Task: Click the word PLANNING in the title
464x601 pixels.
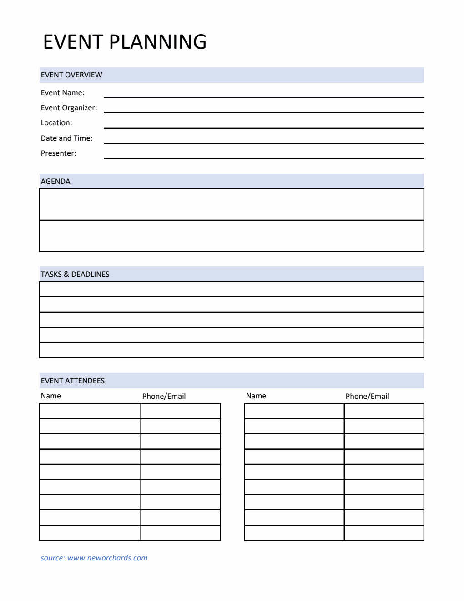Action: tap(158, 42)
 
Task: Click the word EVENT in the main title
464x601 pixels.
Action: tap(73, 42)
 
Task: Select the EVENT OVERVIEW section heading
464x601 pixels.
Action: tap(71, 75)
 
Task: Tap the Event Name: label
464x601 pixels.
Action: tap(62, 93)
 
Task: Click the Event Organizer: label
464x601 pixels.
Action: tap(69, 108)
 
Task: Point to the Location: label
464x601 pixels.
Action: tap(56, 123)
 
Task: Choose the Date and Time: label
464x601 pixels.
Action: tap(66, 138)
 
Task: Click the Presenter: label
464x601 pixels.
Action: tap(58, 153)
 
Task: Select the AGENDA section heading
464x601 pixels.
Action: tap(55, 182)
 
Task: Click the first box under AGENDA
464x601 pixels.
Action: tap(232, 205)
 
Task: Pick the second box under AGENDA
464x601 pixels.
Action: tap(232, 236)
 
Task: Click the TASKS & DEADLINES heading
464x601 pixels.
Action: tap(75, 275)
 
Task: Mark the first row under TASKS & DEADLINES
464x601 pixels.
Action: tap(232, 290)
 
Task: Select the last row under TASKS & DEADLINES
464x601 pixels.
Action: tap(232, 350)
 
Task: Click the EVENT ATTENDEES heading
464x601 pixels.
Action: tap(73, 381)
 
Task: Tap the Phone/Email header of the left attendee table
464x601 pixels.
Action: tap(164, 397)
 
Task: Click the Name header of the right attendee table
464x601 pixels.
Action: tap(256, 396)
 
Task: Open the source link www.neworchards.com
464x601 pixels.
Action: tap(107, 558)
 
